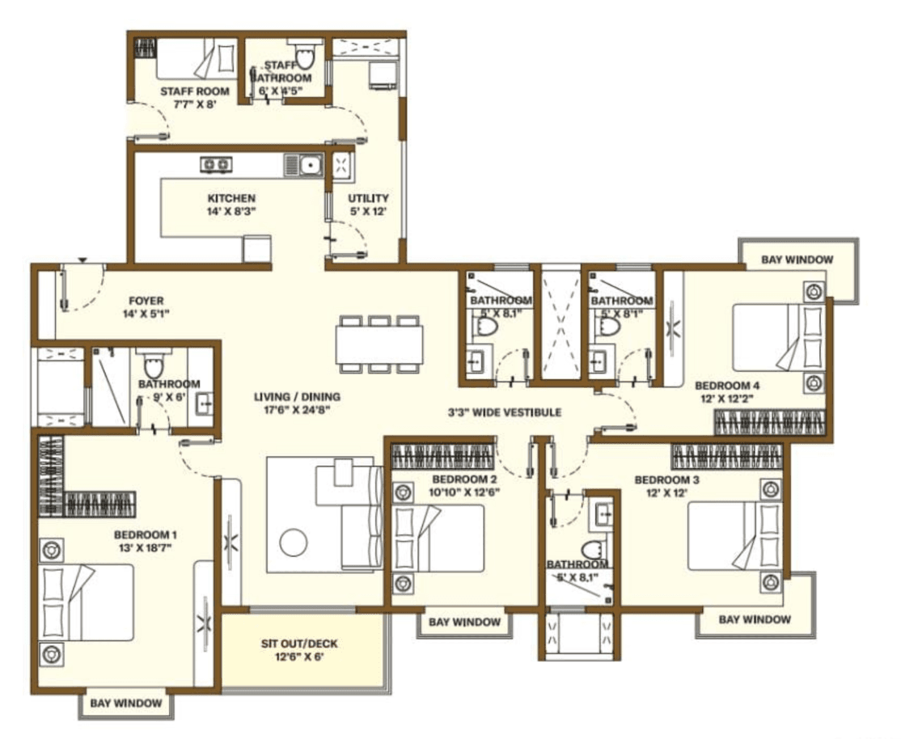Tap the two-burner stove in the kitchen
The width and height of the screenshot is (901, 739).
[214, 164]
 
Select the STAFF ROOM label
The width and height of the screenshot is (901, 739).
[194, 92]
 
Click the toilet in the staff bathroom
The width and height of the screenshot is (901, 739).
[305, 57]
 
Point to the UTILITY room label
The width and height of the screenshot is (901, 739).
[368, 198]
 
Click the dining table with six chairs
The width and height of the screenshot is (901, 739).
[379, 344]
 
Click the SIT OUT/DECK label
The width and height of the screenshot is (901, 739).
[299, 644]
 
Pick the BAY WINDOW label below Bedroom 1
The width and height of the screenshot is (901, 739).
[125, 703]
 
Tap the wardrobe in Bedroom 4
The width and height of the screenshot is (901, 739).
[769, 422]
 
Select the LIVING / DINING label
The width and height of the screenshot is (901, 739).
[297, 397]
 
